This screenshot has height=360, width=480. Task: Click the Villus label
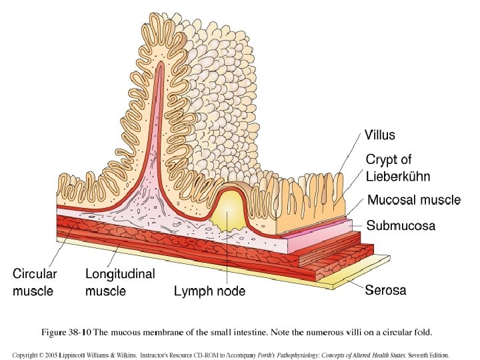point(380,135)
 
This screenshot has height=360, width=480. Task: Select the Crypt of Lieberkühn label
point(398,168)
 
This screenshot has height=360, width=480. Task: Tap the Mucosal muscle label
point(414,200)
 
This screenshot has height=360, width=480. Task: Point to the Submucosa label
point(401,226)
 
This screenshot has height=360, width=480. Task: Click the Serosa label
point(385,290)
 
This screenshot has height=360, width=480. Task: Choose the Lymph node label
point(209,291)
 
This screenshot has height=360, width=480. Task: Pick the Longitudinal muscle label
point(120,282)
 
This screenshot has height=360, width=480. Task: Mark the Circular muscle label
point(35,282)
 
